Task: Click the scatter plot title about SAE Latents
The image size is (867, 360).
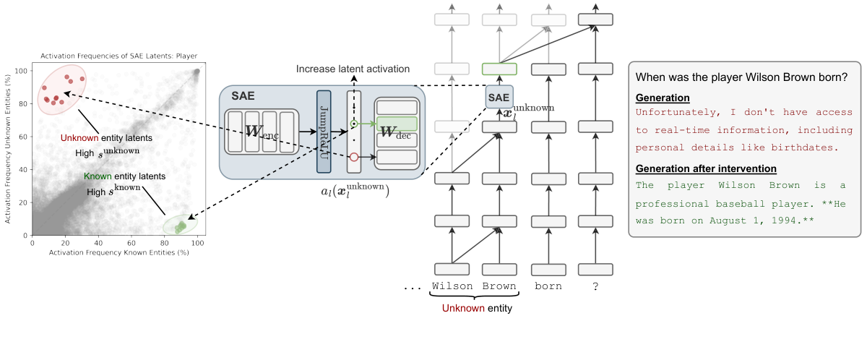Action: coord(118,56)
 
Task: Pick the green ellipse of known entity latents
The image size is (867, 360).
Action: coord(180,226)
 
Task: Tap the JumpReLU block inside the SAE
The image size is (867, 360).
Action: coord(324,131)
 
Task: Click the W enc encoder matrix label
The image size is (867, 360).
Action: coord(262,132)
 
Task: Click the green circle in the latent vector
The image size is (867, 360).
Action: coord(354,124)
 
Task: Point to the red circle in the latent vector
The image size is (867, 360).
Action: coord(354,157)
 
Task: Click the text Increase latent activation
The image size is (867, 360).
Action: coord(353,69)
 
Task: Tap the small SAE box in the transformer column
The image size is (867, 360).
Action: coord(499,97)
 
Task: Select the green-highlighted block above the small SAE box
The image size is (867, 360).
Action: coord(499,69)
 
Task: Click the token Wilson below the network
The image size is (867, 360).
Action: coord(452,286)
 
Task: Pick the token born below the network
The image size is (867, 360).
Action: coord(548,286)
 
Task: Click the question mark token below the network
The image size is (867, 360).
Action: coord(595,286)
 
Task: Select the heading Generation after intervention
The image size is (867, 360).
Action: coord(705,169)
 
